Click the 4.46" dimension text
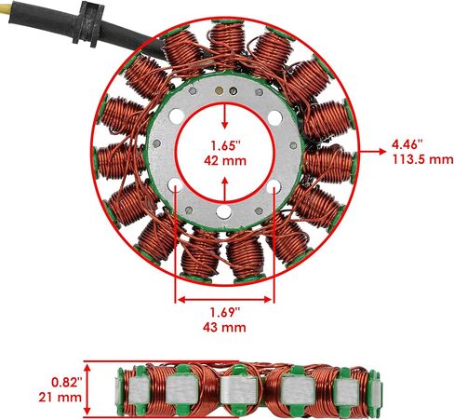(x=407, y=144)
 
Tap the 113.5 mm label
(x=422, y=159)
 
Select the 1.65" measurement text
(x=226, y=145)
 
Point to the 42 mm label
(x=225, y=161)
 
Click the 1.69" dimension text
(x=225, y=312)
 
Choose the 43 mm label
(x=225, y=328)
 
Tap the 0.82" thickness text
(x=67, y=382)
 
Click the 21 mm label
(x=60, y=398)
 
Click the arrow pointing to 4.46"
(x=371, y=152)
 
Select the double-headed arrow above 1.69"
(x=225, y=300)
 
